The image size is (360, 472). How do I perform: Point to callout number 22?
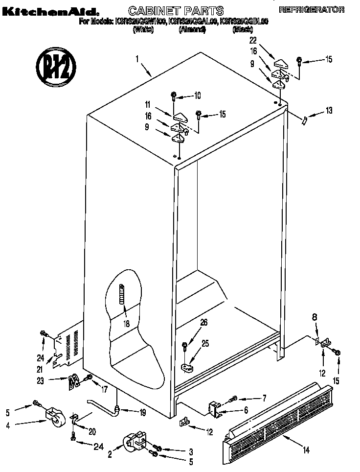(x=252, y=40)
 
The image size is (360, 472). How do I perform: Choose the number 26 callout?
(x=203, y=323)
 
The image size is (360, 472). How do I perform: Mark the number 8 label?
(x=315, y=317)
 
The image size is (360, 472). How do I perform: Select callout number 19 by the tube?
(x=142, y=412)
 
